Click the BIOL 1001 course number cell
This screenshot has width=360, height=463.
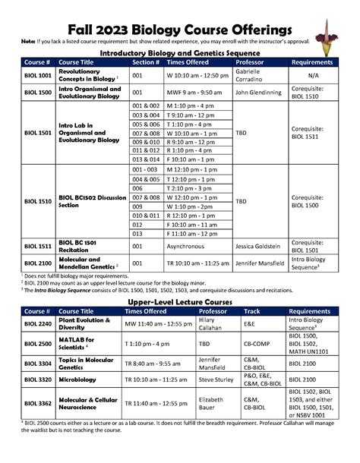(x=38, y=76)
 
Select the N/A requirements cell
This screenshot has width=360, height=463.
(x=313, y=76)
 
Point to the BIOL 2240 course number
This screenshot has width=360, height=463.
(x=38, y=324)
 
